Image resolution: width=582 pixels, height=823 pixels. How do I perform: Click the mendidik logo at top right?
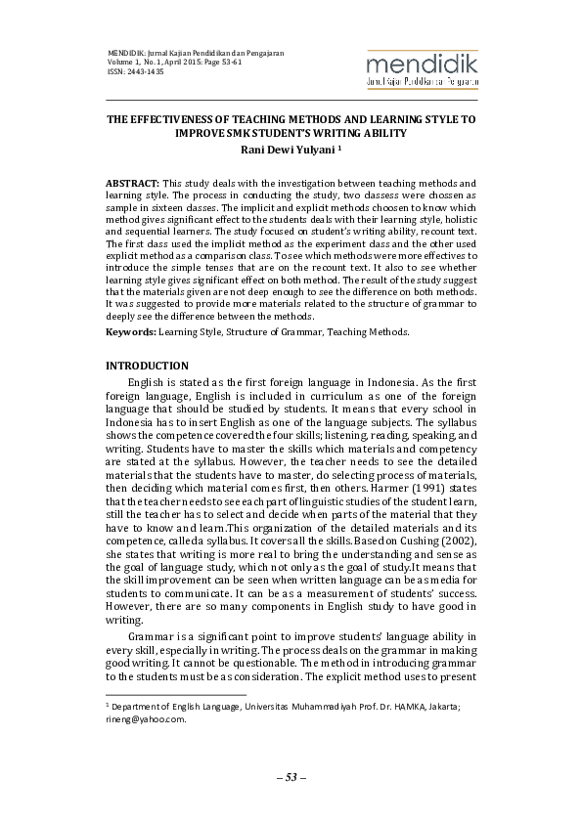pyautogui.click(x=421, y=70)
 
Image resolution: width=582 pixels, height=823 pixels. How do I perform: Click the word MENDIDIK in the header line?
pyautogui.click(x=124, y=52)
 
